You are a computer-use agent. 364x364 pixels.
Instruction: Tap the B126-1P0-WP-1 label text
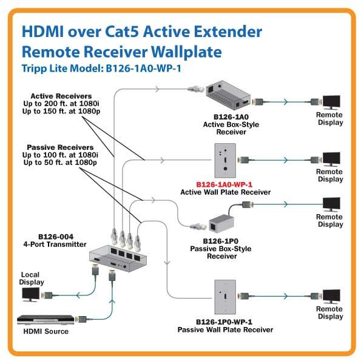point(225,322)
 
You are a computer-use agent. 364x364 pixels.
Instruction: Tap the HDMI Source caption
point(45,331)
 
